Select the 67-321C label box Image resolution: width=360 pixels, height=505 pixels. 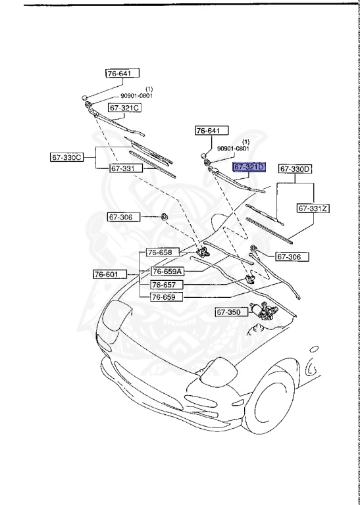pyautogui.click(x=125, y=107)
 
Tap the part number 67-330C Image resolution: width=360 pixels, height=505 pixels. pyautogui.click(x=66, y=158)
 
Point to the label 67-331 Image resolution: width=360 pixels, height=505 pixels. pyautogui.click(x=123, y=168)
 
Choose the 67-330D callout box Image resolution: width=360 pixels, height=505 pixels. pyautogui.click(x=295, y=169)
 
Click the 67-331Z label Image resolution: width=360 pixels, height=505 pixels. pyautogui.click(x=313, y=208)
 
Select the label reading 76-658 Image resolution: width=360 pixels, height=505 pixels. pyautogui.click(x=159, y=252)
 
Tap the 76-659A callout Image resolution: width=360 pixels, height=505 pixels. pyautogui.click(x=167, y=271)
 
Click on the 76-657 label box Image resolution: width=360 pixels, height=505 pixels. pyautogui.click(x=164, y=285)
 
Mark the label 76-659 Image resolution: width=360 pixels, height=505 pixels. pyautogui.click(x=164, y=297)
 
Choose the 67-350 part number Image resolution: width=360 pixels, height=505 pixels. pyautogui.click(x=228, y=313)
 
